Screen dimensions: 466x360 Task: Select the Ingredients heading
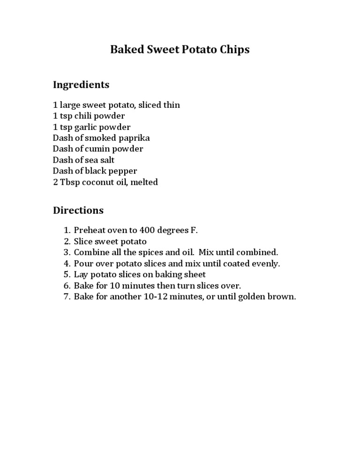81,85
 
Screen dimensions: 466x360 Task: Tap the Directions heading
78,210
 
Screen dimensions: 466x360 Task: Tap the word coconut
98,182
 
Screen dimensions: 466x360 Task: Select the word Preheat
90,230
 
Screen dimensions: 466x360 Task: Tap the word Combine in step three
91,252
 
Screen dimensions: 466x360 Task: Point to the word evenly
265,263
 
